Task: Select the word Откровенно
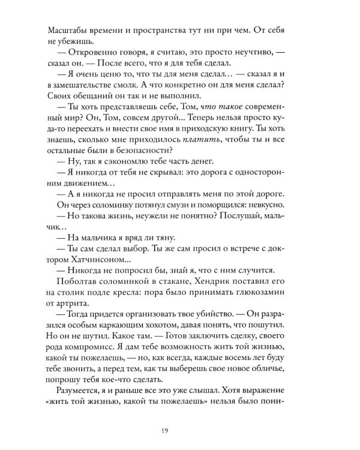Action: [x=91, y=53]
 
